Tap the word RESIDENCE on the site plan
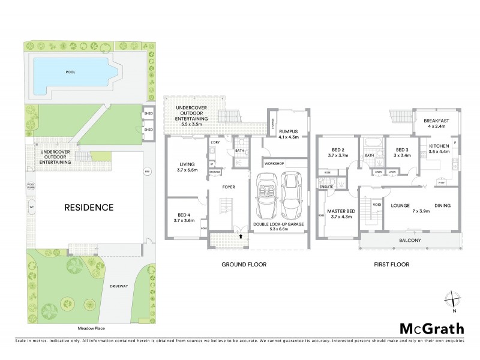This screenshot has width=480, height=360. click(89, 208)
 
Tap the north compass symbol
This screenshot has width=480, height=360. click(454, 301)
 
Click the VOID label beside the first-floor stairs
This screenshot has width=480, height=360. click(376, 204)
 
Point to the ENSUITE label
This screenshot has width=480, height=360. click(326, 186)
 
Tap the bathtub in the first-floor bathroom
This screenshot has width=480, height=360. click(368, 143)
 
